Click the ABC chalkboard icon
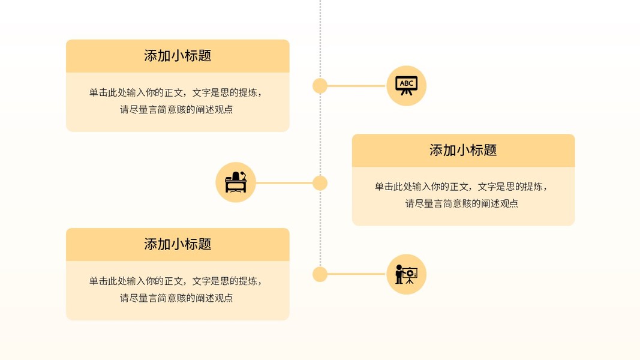click(x=406, y=86)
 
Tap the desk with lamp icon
click(x=236, y=182)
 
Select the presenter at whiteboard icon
click(x=406, y=274)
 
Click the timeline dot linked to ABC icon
click(x=320, y=86)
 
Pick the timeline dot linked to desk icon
click(x=320, y=183)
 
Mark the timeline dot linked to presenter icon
click(x=320, y=275)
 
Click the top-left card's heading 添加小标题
click(x=178, y=56)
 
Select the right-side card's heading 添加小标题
click(x=463, y=150)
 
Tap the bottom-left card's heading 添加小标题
click(x=178, y=244)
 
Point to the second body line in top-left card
click(x=176, y=110)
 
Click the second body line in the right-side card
click(x=462, y=203)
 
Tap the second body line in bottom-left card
click(x=176, y=298)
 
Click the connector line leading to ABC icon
click(x=356, y=86)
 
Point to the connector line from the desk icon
click(x=286, y=183)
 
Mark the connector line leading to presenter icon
click(x=356, y=274)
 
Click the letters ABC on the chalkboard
click(x=407, y=83)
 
